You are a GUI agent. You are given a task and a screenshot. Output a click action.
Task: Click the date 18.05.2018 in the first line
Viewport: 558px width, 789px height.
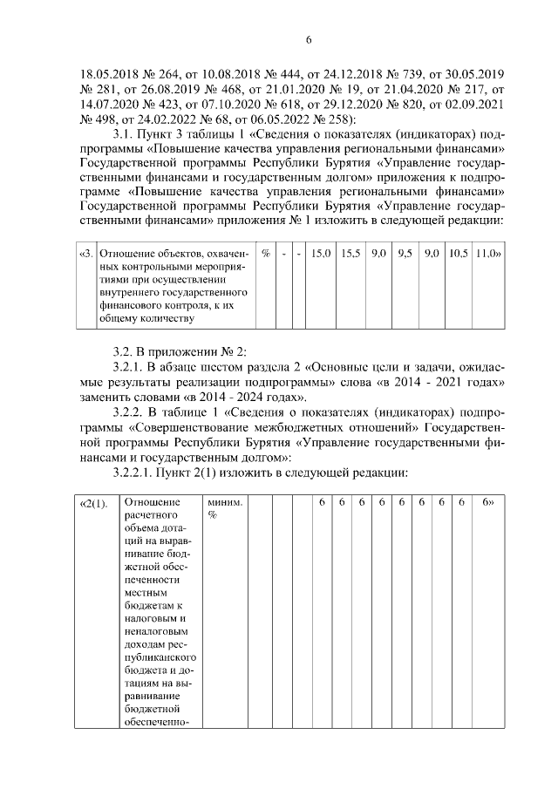click(x=109, y=72)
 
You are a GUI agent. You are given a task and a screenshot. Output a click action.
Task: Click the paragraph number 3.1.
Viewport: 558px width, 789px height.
click(x=127, y=135)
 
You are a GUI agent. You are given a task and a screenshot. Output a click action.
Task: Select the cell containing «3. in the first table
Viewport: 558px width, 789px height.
click(x=85, y=254)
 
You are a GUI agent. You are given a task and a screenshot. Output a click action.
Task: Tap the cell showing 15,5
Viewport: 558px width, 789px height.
click(x=350, y=254)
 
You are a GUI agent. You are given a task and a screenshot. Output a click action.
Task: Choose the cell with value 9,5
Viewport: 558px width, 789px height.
click(x=405, y=254)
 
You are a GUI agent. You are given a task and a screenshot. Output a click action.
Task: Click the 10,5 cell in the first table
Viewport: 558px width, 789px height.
click(x=459, y=254)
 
